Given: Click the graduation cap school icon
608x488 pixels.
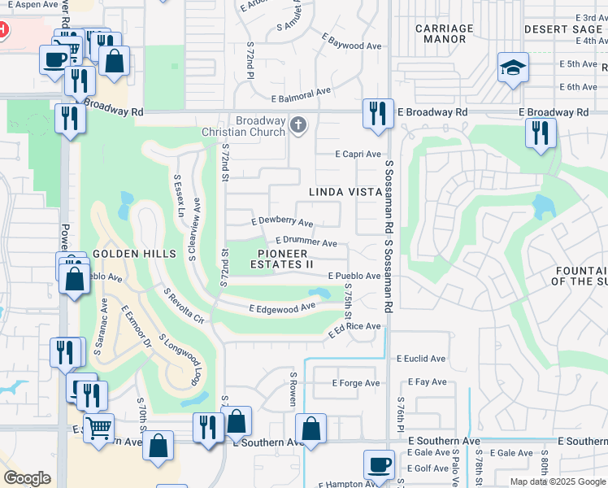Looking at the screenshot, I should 513,68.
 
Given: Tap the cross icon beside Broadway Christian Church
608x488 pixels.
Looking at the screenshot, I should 299,124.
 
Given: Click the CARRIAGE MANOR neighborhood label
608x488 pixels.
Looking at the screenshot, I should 444,33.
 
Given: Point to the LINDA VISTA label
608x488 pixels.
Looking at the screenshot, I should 345,192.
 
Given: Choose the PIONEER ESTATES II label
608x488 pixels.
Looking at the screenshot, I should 281,259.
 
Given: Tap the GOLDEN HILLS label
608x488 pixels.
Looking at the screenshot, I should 135,254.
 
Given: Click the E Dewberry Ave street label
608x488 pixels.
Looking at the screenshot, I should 282,221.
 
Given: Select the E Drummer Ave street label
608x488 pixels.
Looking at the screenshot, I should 306,242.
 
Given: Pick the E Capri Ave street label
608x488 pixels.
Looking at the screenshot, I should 358,154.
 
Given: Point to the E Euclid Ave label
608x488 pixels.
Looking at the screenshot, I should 421,358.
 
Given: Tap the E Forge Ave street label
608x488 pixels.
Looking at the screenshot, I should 357,383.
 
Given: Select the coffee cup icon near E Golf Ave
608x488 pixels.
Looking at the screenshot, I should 379,465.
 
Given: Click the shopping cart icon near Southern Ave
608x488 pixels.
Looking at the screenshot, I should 98,427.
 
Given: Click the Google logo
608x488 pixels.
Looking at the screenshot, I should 27,478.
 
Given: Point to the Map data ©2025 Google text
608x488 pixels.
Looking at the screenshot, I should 558,481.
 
